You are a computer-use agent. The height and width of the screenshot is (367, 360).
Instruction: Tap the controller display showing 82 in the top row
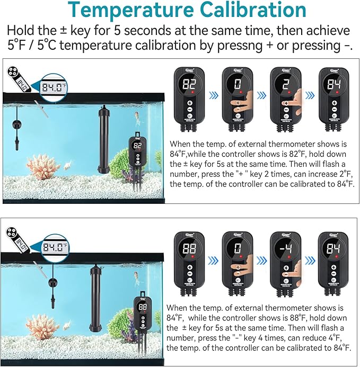[x=189, y=84]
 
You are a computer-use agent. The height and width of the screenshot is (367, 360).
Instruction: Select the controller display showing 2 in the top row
[x=285, y=84]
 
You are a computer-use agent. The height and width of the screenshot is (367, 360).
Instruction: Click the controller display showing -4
[x=285, y=249]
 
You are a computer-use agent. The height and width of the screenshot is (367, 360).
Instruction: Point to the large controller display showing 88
[x=189, y=249]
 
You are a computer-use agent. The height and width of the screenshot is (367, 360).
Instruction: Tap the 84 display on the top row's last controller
[x=333, y=84]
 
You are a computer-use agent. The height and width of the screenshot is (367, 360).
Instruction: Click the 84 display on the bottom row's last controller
[x=333, y=249]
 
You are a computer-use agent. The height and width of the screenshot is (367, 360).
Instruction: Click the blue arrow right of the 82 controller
[x=213, y=96]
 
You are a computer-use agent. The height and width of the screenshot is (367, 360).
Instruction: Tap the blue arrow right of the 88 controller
[x=213, y=261]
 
